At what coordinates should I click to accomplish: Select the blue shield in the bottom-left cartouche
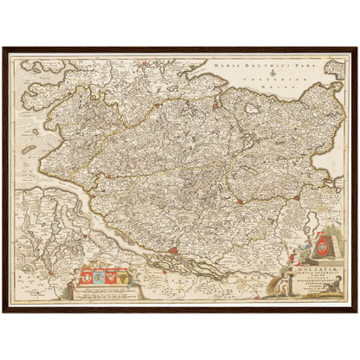[98, 276]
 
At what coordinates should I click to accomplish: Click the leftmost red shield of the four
[87, 276]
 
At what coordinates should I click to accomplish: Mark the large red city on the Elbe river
[175, 253]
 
